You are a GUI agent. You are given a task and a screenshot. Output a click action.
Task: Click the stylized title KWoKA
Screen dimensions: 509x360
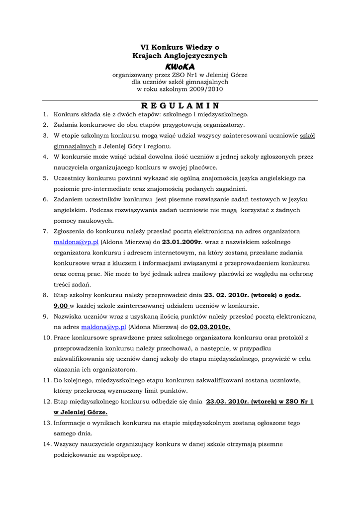click(180, 66)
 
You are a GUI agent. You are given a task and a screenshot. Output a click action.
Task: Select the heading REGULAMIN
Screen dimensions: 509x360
click(180, 105)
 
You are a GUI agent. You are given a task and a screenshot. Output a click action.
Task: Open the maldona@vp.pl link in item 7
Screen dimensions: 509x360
click(77, 242)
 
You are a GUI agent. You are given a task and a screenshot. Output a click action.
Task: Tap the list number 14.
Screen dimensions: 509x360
click(47, 444)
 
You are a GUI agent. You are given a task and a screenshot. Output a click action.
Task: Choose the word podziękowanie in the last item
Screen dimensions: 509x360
click(77, 455)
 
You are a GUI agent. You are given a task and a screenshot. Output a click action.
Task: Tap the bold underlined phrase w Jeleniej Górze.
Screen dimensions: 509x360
click(80, 413)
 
